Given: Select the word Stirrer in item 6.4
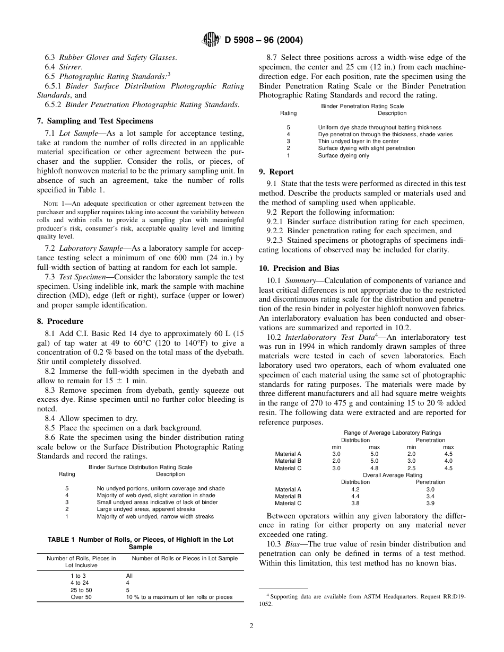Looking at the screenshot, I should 71,67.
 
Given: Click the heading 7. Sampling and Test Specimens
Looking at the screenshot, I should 94,121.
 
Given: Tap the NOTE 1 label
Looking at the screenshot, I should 52,204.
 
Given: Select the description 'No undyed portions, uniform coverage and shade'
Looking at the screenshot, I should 160,488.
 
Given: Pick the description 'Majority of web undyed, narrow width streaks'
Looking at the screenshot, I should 155,516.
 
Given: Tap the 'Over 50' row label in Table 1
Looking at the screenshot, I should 81,597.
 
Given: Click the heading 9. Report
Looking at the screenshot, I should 276,172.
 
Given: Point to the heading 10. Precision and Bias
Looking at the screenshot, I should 299,268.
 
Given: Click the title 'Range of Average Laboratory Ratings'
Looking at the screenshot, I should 393,433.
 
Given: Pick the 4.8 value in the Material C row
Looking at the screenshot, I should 374,468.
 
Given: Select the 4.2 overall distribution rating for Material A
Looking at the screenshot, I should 355,489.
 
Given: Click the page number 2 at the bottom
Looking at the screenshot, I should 251,625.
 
